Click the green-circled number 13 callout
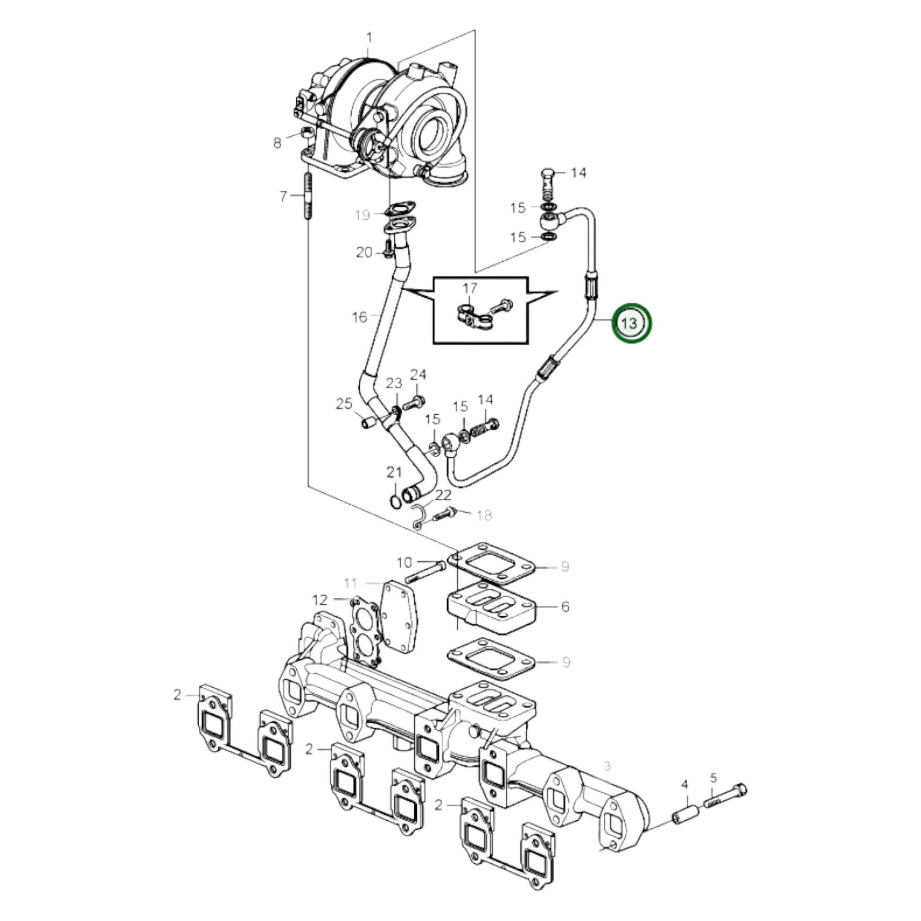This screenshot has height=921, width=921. pos(631,323)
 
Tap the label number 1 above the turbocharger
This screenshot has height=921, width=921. pos(369,38)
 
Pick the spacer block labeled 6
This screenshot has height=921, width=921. pos(491,606)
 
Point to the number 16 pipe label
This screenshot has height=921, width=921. pos(359,317)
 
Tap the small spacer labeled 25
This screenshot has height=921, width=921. pos(368,423)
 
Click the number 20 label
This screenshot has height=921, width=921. pos(364,252)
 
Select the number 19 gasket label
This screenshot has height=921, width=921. pos(363,215)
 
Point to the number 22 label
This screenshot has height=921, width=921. pos(443,495)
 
